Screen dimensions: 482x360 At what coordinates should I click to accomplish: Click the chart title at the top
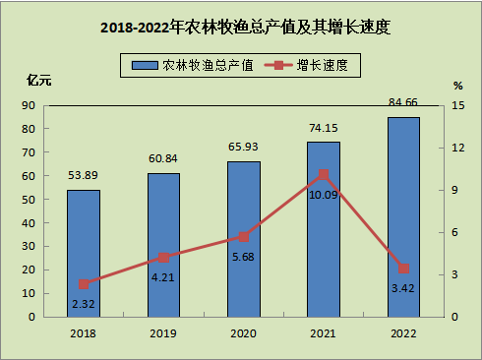click(245, 27)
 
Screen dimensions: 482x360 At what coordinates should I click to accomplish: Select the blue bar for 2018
click(84, 254)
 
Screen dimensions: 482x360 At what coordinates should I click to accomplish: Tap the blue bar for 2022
click(403, 217)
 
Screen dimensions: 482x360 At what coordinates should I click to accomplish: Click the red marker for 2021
click(324, 175)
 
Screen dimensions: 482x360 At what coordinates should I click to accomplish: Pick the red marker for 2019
click(163, 258)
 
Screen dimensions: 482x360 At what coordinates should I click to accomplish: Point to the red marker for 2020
click(244, 237)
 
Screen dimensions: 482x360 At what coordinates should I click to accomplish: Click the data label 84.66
click(403, 102)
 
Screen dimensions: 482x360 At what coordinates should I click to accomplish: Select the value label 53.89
click(83, 175)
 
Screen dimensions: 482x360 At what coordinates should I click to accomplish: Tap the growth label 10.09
click(324, 195)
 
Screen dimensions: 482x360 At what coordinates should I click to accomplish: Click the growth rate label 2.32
click(84, 304)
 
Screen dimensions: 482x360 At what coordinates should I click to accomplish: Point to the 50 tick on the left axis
click(29, 200)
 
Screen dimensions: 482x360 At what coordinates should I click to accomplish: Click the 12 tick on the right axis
click(458, 148)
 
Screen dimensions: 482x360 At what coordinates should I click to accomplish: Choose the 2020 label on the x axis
click(243, 333)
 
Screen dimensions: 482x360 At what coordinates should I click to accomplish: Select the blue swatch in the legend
click(145, 65)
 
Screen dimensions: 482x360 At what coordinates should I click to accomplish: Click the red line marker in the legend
click(278, 65)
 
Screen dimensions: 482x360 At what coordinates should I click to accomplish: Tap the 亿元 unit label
click(39, 80)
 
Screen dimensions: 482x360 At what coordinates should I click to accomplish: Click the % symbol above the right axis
click(458, 86)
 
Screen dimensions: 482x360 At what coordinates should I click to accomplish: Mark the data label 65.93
click(243, 147)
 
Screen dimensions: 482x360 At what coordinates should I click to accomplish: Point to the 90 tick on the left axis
click(29, 105)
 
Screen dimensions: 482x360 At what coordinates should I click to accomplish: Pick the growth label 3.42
click(403, 288)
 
